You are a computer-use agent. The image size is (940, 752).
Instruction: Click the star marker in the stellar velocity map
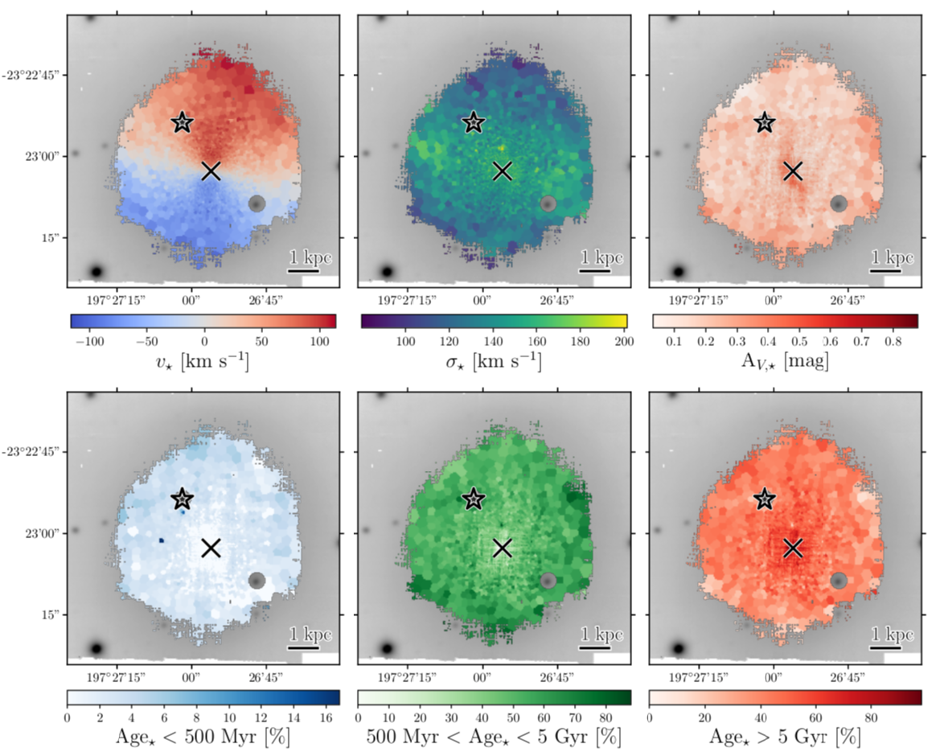click(x=183, y=122)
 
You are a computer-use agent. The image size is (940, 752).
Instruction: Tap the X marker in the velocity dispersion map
click(x=503, y=171)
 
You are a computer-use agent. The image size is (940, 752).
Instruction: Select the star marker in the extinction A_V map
click(x=765, y=122)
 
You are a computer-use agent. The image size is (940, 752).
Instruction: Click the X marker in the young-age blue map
click(x=211, y=547)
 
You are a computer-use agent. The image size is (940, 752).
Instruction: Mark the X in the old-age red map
click(x=794, y=547)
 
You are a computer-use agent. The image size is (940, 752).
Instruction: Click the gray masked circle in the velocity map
click(x=257, y=203)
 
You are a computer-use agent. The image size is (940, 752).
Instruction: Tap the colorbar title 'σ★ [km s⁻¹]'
click(x=493, y=360)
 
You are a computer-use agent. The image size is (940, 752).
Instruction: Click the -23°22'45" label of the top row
click(x=31, y=75)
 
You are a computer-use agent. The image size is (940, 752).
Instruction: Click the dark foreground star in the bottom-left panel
click(x=97, y=648)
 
